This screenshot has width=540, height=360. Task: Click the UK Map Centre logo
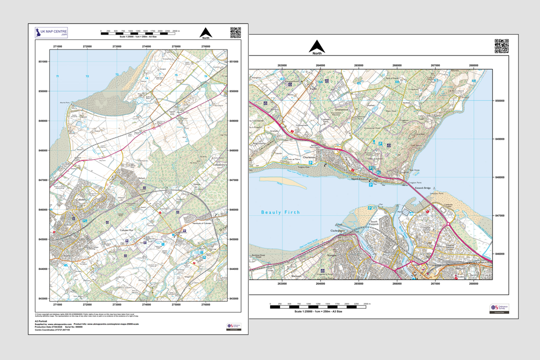tap(51, 33)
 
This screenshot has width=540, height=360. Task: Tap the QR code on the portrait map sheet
tap(235, 32)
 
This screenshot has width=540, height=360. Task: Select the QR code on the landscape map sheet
tap(501, 46)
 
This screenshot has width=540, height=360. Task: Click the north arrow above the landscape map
tap(317, 47)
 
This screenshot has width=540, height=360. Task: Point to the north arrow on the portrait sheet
tap(206, 32)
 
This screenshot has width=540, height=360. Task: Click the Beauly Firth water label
tap(280, 212)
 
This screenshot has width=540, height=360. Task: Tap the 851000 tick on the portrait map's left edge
tap(42, 61)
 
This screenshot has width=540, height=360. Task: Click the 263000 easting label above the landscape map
tap(282, 65)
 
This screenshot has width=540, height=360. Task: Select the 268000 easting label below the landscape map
tap(473, 283)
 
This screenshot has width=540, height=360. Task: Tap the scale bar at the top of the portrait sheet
tap(138, 33)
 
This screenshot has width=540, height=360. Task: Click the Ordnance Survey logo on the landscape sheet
tap(499, 308)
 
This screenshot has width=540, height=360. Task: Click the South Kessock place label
tap(373, 222)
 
